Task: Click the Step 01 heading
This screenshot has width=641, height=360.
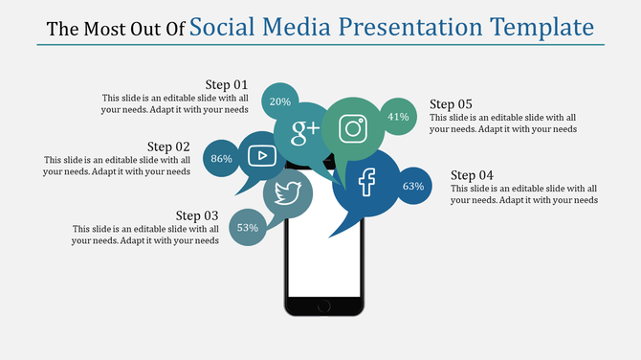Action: point(227,84)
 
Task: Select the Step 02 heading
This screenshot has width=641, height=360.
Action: point(168,146)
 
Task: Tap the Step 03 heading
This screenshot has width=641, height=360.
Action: point(197,215)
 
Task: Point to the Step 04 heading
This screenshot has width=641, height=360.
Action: point(472,175)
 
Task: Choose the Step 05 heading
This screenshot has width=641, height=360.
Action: point(451,104)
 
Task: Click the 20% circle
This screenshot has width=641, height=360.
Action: point(280,101)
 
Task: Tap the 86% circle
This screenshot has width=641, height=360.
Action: point(221,159)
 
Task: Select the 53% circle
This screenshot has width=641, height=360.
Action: point(248,228)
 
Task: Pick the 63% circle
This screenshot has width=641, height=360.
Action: point(412,186)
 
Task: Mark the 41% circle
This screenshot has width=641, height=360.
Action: point(398,117)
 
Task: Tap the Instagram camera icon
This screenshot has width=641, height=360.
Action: point(353,128)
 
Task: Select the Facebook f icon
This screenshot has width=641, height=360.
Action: point(366,182)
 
